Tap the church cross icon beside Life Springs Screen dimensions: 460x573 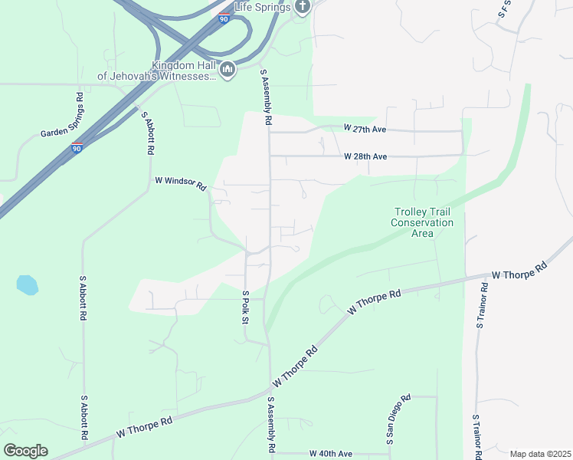pos(303,8)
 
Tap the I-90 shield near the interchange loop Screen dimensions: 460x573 pos(223,18)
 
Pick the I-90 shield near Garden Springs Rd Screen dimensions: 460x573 pos(77,147)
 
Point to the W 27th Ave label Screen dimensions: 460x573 pos(365,127)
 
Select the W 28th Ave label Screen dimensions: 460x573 pos(365,156)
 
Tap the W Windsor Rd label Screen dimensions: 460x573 pos(181,184)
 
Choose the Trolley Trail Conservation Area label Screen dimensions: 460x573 pos(422,222)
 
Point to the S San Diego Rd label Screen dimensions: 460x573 pos(398,419)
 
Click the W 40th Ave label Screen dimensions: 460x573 pos(330,454)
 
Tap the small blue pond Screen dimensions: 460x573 pos(27,285)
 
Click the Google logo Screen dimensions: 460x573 pos(25,450)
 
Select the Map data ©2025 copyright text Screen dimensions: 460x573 pos(540,454)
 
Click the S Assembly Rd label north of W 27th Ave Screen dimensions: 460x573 pos(266,97)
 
